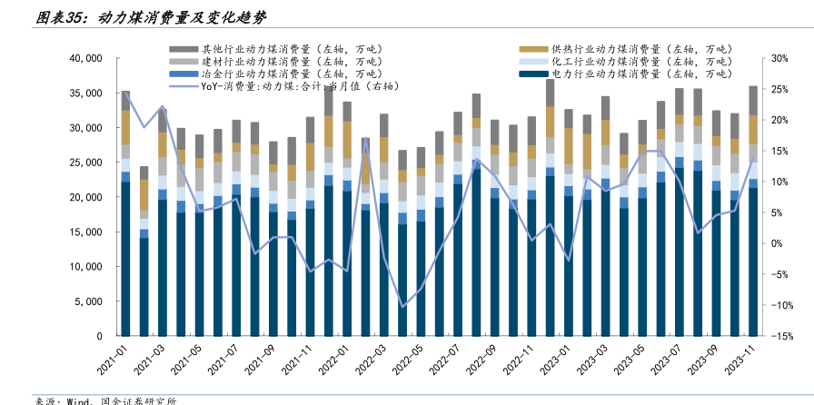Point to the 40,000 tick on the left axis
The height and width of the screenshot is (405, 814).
(84, 59)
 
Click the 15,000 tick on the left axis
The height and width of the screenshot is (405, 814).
(84, 232)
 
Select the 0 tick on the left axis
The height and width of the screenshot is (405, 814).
(98, 336)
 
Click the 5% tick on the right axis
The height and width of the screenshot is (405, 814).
(777, 212)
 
